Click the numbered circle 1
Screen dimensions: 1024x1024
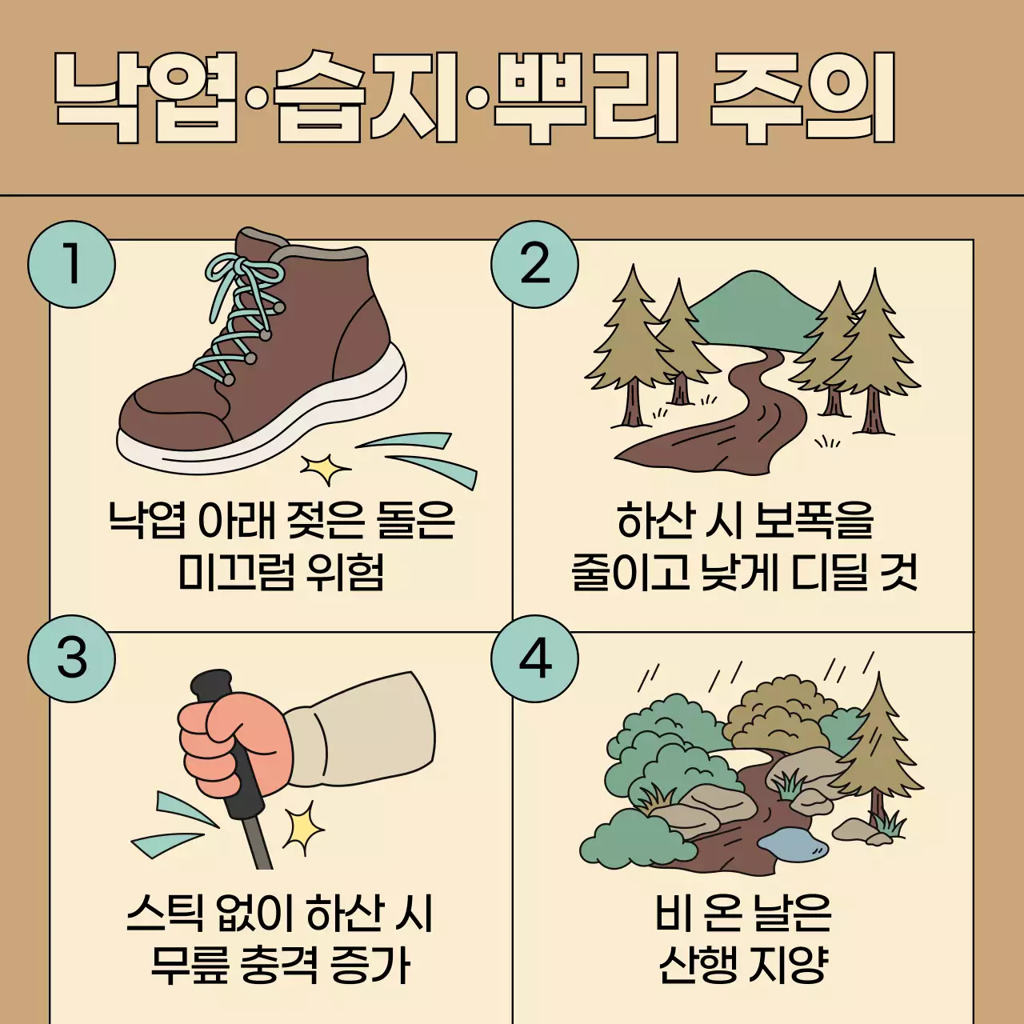pyautogui.click(x=71, y=265)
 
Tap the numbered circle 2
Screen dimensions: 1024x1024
pyautogui.click(x=534, y=265)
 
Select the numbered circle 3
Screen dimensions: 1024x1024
pyautogui.click(x=71, y=658)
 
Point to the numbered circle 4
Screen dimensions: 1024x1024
pyautogui.click(x=534, y=658)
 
